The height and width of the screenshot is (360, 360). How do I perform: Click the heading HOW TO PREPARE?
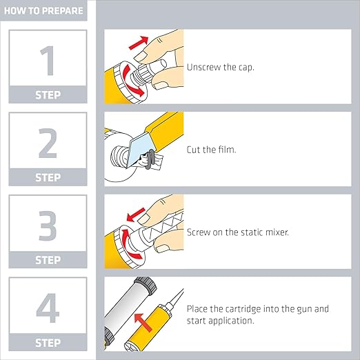coord(43,11)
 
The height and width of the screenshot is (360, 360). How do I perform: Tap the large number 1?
coord(48,61)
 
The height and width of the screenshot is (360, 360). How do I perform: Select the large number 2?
coord(48,143)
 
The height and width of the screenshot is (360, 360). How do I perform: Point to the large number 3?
coord(48,226)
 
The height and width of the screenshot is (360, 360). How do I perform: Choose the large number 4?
coord(48,308)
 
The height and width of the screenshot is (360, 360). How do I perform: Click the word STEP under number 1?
coord(48,95)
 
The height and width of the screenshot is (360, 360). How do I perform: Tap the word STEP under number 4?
coord(48,343)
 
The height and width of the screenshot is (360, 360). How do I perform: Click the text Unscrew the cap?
coord(221,68)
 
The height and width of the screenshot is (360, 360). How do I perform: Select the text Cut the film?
coord(211,150)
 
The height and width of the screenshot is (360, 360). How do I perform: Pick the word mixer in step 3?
coord(277,232)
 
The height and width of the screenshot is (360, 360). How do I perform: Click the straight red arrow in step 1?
coord(139,43)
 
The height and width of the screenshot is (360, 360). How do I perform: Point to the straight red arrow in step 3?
coord(136,214)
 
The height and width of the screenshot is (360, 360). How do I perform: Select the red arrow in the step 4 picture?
coord(143,323)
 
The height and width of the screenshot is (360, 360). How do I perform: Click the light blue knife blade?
coord(139,150)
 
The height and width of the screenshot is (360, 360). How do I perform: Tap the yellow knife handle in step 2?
coord(164,129)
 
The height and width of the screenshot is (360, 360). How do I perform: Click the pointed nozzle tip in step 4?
coord(183,290)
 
